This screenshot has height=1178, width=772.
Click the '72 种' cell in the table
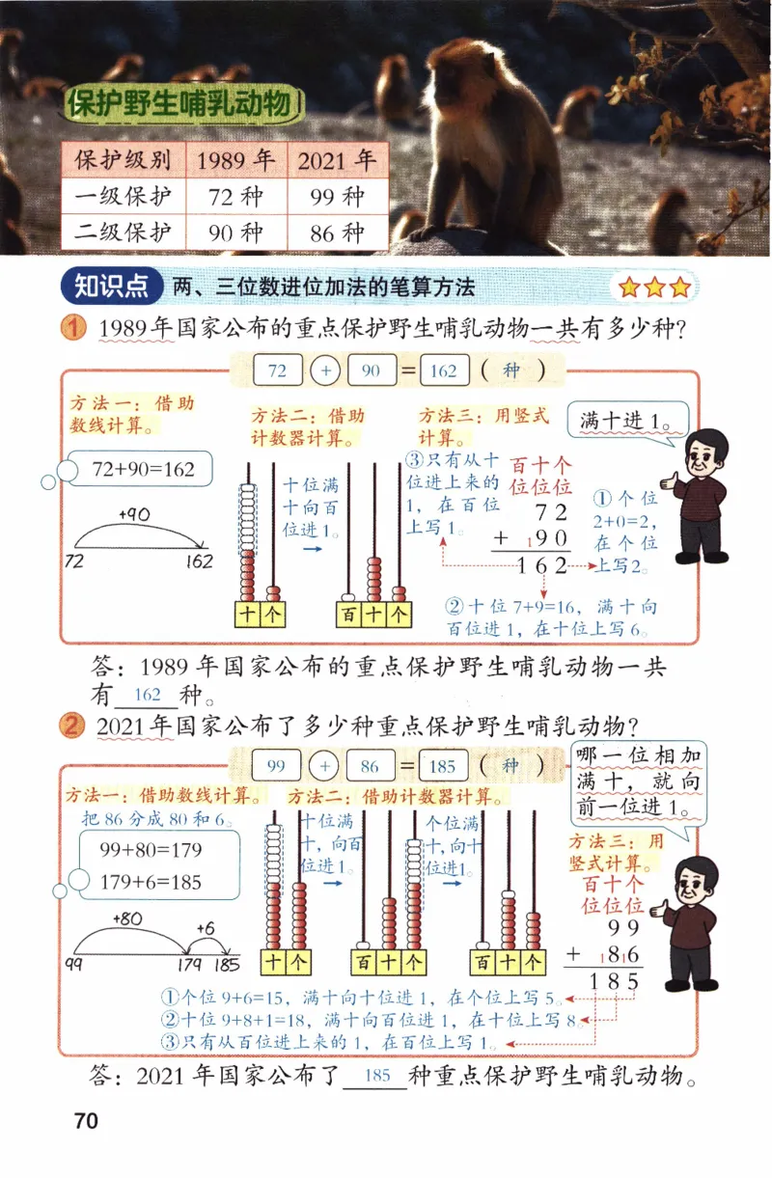point(235,198)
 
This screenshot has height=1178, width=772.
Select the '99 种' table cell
point(339,198)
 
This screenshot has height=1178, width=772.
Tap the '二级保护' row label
point(123,233)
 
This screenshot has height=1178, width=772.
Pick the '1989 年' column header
point(235,161)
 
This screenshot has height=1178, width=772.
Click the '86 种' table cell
point(339,233)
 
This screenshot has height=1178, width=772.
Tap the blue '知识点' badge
point(111,286)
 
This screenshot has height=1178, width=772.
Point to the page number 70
point(86,1121)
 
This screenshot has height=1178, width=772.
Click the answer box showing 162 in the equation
point(444,370)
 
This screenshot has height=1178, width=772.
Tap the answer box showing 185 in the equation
point(444,766)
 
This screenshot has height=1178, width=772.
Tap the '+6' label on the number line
point(205,927)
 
